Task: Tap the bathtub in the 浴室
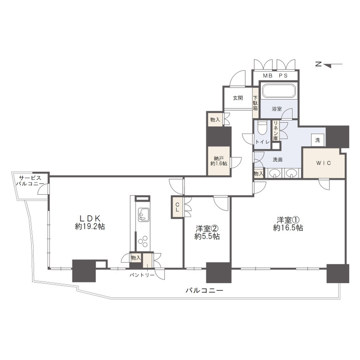[279, 91]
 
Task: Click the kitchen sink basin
[144, 215]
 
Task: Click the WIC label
[324, 163]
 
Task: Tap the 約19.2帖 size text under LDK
[90, 227]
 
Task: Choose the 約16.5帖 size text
[288, 228]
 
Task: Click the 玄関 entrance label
[238, 98]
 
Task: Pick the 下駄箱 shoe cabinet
[255, 103]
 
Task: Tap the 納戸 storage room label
[219, 158]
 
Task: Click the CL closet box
[177, 207]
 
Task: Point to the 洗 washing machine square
[318, 139]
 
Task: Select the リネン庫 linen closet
[276, 131]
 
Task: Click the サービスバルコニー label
[30, 181]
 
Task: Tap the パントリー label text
[142, 275]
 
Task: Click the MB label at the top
[268, 76]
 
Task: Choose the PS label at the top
[283, 76]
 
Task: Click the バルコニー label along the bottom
[204, 290]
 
